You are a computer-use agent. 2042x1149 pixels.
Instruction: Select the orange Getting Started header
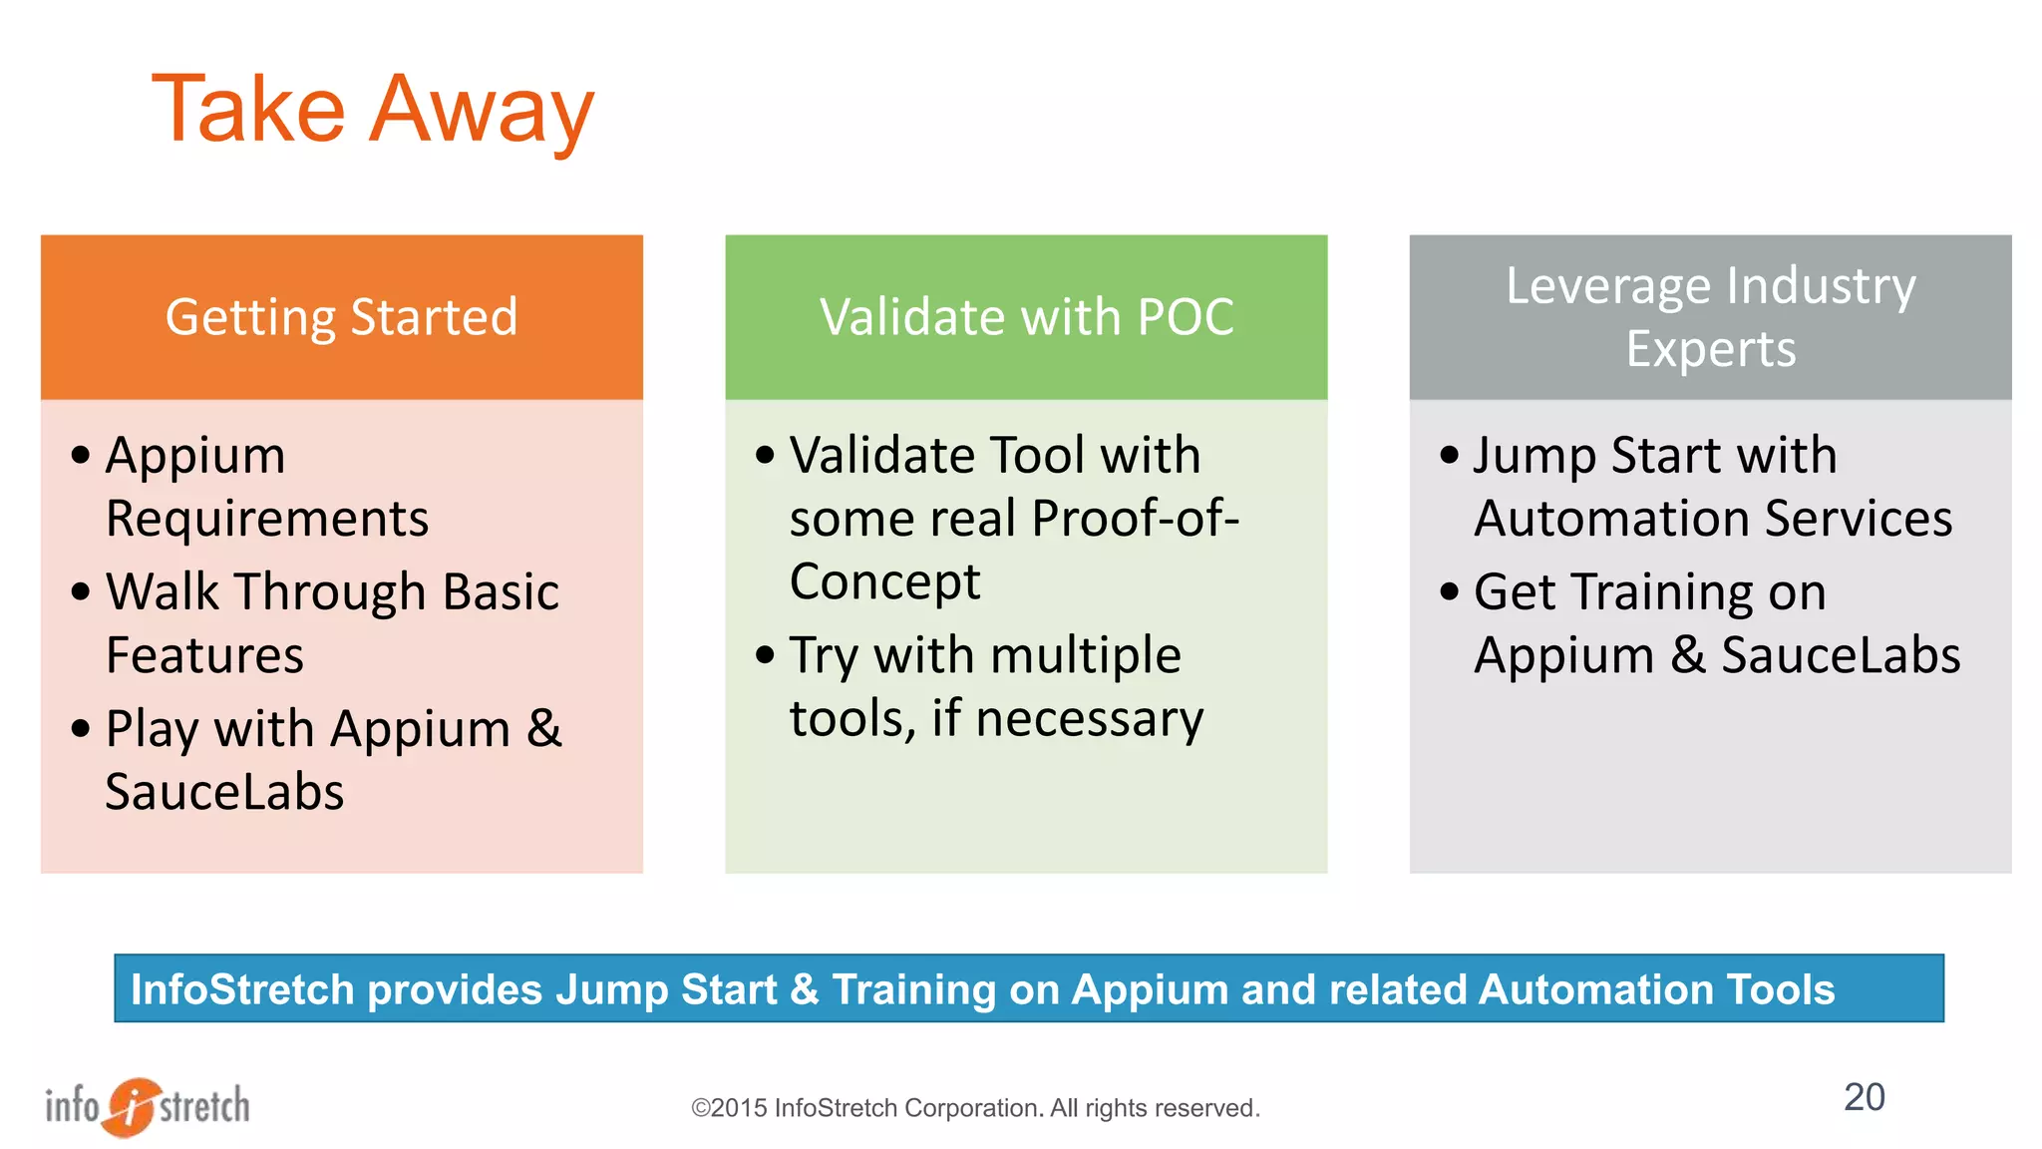pos(341,317)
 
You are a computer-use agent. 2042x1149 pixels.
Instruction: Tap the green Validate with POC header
pos(1026,317)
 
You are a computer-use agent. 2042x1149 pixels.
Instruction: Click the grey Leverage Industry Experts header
pos(1710,317)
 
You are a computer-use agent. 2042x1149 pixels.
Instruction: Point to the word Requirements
pos(267,519)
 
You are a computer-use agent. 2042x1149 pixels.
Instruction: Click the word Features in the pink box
pos(204,655)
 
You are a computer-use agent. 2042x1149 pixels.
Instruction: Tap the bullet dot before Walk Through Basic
pos(81,592)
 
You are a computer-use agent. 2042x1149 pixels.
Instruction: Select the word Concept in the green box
pos(884,581)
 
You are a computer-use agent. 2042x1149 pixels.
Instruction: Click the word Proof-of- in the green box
pos(1136,519)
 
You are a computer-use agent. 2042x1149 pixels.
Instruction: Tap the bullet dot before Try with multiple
pos(765,655)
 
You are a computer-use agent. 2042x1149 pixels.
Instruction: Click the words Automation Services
pos(1712,519)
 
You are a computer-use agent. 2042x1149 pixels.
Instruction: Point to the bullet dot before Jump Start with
pos(1449,456)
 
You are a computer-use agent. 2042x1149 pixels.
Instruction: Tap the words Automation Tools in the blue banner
pos(1656,989)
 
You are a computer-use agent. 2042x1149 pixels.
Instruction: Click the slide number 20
pos(1864,1097)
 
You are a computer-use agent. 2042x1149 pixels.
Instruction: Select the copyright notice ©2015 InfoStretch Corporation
pos(975,1108)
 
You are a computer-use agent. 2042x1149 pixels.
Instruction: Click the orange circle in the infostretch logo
pos(131,1106)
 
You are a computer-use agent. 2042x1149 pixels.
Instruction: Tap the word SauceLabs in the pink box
pos(224,792)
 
